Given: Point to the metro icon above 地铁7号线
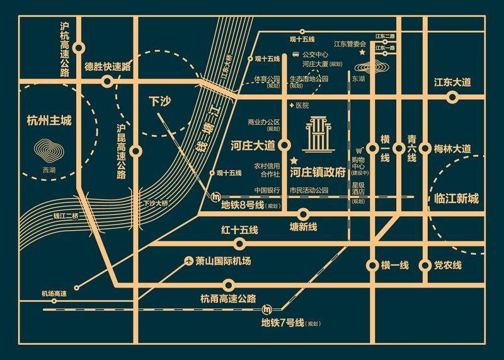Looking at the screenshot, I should (267, 310).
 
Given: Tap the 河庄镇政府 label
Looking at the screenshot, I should (318, 171).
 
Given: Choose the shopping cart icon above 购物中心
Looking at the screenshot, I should (360, 151).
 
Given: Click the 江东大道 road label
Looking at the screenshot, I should (453, 83).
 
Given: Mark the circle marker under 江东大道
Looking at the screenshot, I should (452, 97).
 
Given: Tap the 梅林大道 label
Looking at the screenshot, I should (452, 149).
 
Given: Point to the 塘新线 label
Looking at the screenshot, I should (303, 226).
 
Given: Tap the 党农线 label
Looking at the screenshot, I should (448, 265).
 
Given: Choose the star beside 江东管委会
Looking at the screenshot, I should (362, 53).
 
